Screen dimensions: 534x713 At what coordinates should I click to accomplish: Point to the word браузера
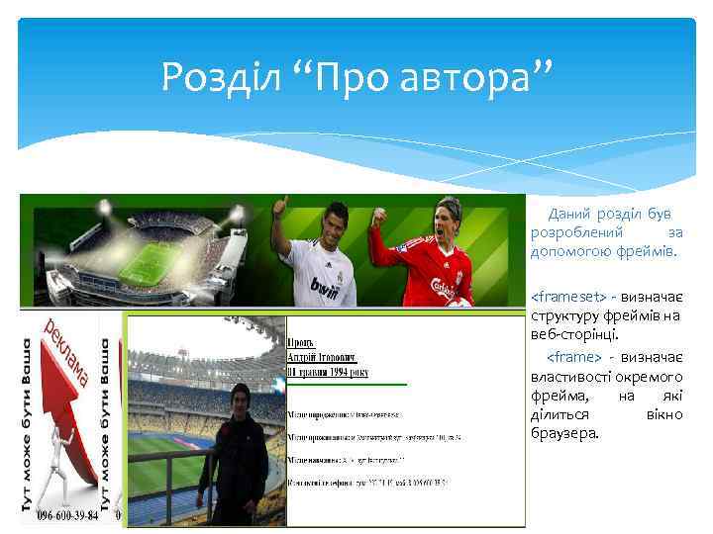click(x=564, y=432)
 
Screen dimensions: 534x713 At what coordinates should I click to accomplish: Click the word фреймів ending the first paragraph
click(x=647, y=251)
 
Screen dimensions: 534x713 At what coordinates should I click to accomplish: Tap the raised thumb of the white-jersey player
click(x=281, y=205)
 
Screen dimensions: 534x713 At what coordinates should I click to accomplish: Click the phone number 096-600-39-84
click(x=68, y=515)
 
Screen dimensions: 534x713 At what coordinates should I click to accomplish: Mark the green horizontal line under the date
click(x=347, y=383)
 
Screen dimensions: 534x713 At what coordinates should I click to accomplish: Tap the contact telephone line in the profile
click(x=366, y=483)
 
